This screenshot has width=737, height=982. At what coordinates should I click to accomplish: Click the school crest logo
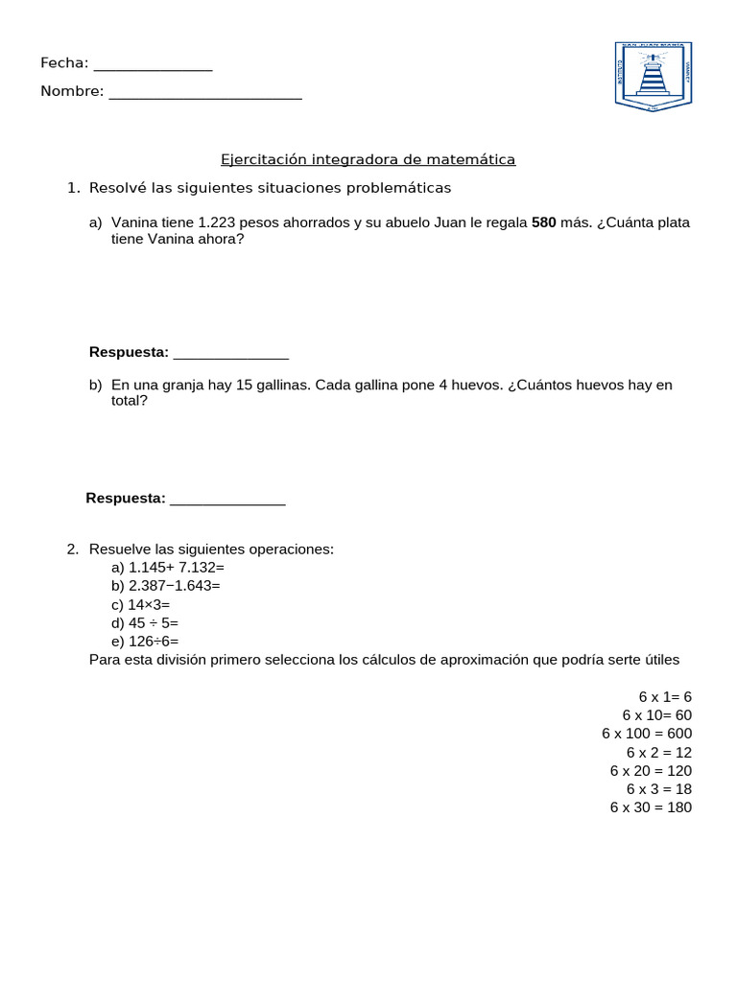coord(653,76)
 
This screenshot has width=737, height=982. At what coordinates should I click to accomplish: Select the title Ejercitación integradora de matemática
coord(368,160)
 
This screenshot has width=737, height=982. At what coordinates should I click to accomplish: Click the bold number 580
coord(543,222)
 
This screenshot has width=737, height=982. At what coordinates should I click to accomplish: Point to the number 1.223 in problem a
coord(216,222)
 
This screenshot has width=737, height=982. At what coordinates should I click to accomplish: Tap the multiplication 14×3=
coord(149,604)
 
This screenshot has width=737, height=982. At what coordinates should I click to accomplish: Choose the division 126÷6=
coord(154,641)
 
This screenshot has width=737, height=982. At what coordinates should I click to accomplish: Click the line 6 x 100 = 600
coord(647,734)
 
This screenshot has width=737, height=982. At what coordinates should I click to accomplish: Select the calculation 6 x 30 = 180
coord(651,807)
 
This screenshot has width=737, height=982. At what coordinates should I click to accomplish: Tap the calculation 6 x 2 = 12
coord(659,752)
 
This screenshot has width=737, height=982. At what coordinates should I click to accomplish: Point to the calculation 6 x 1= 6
coord(665,696)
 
